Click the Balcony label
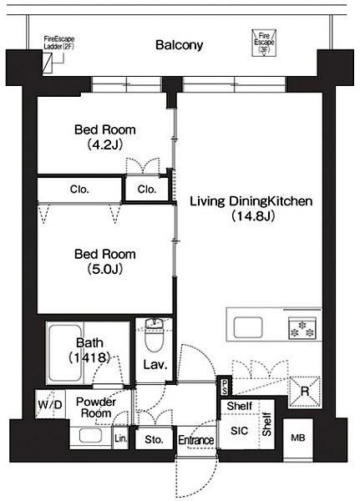(179, 45)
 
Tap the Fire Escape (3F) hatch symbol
(264, 43)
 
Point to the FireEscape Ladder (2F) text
(59, 43)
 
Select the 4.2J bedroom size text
(105, 145)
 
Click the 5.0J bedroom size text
(105, 270)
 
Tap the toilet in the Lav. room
(154, 336)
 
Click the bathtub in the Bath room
(65, 352)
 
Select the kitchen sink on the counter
(248, 327)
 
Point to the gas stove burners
(302, 328)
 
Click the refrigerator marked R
(305, 392)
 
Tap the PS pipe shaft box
(225, 386)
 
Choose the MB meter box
(298, 438)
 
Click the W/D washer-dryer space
(50, 404)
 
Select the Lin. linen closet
(121, 438)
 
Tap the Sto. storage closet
(154, 440)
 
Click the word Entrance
(196, 440)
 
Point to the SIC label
(239, 431)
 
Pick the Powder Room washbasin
(91, 436)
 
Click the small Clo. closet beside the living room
(147, 190)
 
